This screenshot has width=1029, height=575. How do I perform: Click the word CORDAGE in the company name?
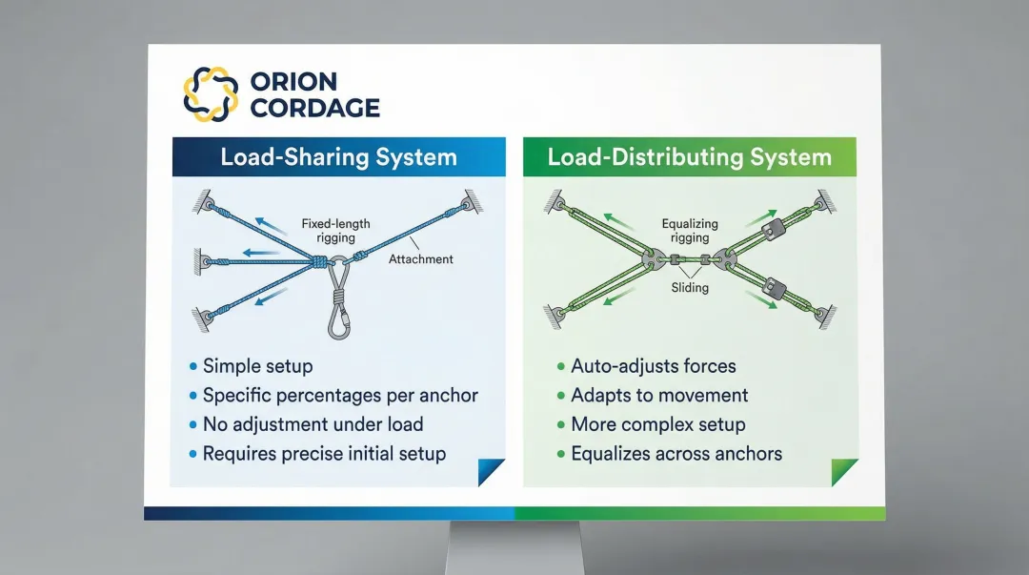pos(314,108)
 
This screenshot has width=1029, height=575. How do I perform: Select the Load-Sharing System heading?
pos(338,157)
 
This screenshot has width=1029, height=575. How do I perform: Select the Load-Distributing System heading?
pos(689,157)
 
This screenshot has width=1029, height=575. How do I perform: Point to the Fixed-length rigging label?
pos(335,231)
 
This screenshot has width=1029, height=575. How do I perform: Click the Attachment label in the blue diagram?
pos(421,258)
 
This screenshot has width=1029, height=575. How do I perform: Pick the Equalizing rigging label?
pos(690,231)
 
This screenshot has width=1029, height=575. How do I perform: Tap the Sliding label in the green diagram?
pos(690,287)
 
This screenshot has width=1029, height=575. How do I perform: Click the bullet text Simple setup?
pos(257,366)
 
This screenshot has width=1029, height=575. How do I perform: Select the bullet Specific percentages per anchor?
pos(340,395)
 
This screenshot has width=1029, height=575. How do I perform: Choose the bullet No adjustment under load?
pos(313,424)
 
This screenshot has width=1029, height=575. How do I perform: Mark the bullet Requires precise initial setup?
pos(324,454)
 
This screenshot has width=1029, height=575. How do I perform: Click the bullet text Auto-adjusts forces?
pos(653,366)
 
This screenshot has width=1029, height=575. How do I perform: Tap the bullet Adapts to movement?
pos(659,395)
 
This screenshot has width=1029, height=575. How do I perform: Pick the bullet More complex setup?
pos(657,424)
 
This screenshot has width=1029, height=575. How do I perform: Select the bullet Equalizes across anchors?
pos(676,454)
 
